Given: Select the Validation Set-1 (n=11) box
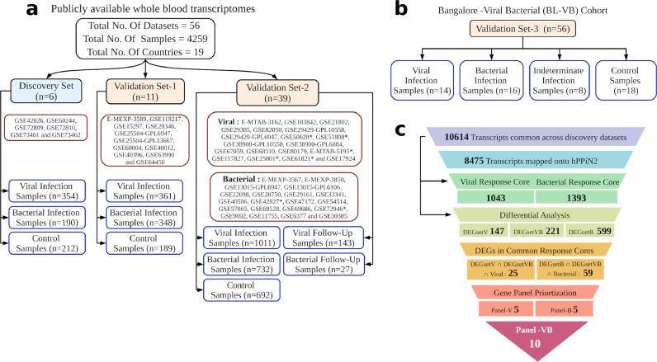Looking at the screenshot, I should (135, 92).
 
